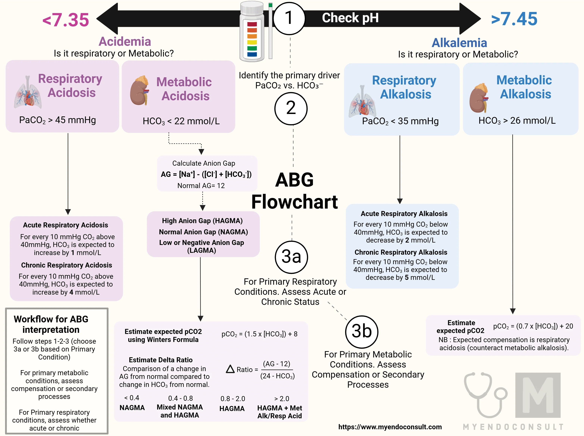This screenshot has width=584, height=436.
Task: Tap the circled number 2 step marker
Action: [291, 108]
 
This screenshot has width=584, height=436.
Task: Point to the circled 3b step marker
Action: [361, 332]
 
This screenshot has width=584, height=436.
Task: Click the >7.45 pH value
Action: [514, 19]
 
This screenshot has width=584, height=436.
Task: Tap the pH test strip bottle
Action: [252, 32]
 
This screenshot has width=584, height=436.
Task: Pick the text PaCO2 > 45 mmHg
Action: [57, 120]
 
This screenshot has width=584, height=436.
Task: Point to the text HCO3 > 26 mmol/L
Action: [517, 121]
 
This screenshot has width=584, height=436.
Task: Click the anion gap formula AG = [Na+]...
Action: [206, 174]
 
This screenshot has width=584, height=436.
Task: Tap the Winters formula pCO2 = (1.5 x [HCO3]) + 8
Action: [259, 334]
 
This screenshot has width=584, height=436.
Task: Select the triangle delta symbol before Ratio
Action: [230, 369]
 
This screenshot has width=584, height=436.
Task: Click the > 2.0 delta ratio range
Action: [282, 399]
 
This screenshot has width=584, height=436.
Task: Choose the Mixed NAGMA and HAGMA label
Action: [180, 411]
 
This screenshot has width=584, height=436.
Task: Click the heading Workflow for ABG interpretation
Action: [51, 324]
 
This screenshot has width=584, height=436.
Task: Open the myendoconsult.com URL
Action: [390, 427]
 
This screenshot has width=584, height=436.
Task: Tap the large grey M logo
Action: [538, 395]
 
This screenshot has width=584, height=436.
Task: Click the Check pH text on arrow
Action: [350, 18]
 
